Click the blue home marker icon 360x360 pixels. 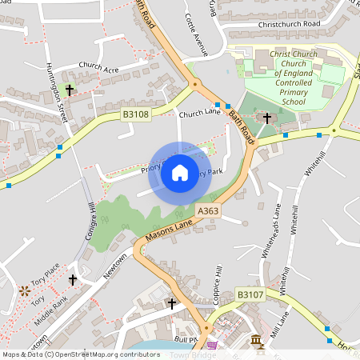180,172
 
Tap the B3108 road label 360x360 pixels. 135,115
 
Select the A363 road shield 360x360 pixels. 207,210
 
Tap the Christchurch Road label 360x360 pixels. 285,25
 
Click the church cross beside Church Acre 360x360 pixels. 69,90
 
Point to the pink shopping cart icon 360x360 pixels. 212,346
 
